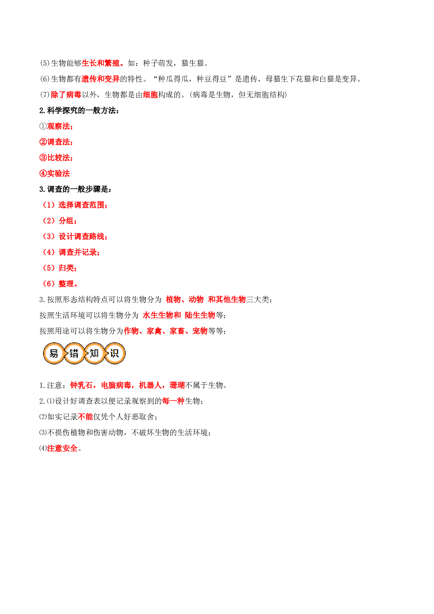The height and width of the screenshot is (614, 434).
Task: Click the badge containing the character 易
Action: (x=54, y=354)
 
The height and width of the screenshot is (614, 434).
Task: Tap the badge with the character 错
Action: (x=74, y=354)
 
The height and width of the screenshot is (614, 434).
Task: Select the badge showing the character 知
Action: (x=94, y=354)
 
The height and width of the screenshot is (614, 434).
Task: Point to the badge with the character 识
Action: (x=114, y=354)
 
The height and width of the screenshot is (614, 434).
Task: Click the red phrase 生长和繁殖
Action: (x=101, y=63)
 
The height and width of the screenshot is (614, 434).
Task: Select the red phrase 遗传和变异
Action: (x=101, y=79)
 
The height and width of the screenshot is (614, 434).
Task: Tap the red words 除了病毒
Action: (x=66, y=95)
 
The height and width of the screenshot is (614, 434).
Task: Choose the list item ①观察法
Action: (x=56, y=126)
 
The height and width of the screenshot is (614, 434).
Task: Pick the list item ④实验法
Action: (x=55, y=174)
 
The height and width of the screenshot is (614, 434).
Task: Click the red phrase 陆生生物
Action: (x=200, y=315)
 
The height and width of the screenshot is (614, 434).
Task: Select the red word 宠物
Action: (x=200, y=331)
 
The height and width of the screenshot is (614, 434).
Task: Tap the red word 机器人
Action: (x=150, y=385)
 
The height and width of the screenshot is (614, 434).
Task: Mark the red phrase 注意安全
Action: (x=62, y=448)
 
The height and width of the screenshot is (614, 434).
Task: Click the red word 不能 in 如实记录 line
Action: (x=85, y=417)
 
